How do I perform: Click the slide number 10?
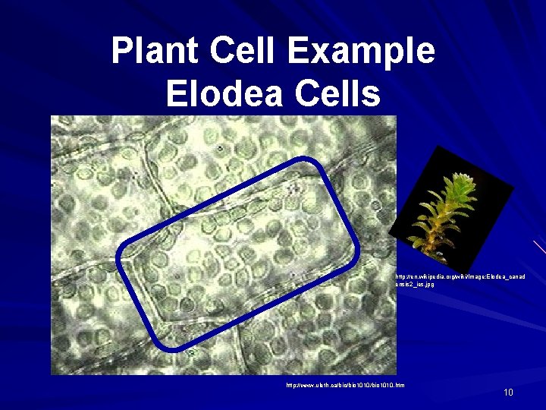[508, 392]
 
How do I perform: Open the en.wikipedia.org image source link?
[460, 277]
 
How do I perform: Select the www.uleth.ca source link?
[345, 386]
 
